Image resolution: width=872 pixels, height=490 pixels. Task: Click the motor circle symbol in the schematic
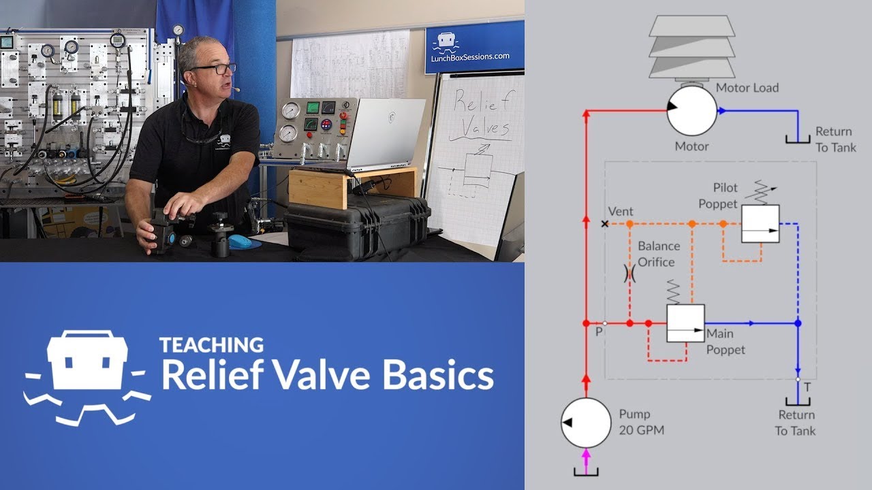tap(691, 110)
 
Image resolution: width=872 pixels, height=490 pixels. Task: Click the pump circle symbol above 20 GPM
tap(586, 423)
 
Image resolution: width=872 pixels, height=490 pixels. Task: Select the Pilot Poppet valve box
tap(761, 223)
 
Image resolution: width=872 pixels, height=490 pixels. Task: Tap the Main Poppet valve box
tap(685, 323)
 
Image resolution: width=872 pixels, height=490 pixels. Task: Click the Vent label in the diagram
tap(621, 212)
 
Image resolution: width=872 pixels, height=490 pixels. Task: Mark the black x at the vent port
tap(605, 223)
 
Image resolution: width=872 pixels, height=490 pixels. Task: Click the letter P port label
tap(599, 332)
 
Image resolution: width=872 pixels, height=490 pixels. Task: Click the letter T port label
tap(807, 387)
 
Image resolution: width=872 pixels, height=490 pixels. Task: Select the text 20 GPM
tap(642, 429)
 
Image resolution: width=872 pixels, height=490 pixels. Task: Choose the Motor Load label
tap(747, 88)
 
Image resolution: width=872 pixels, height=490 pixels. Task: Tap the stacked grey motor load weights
tap(691, 46)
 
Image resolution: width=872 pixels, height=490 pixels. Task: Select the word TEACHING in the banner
tap(211, 345)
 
